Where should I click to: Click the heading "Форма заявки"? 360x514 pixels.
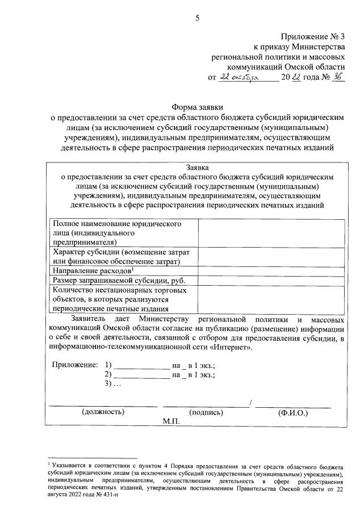point(197,106)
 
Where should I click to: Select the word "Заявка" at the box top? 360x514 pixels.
point(197,168)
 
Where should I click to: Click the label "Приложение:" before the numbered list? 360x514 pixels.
point(74,364)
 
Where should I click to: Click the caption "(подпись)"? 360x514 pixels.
point(208,413)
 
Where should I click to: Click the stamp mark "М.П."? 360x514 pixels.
point(170,422)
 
